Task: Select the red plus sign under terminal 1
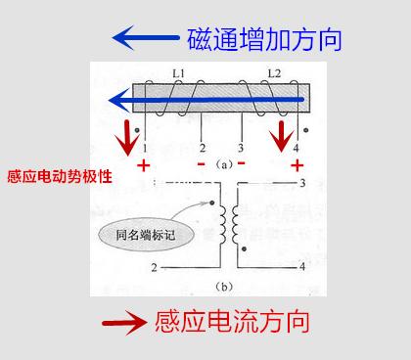[144, 165]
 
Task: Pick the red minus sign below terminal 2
[201, 163]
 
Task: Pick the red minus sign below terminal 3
[241, 163]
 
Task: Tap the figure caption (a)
[221, 164]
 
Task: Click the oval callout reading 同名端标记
[143, 234]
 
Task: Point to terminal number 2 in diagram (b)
[154, 266]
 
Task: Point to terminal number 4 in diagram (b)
[301, 266]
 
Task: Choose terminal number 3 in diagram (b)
[301, 183]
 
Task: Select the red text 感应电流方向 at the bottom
[233, 322]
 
